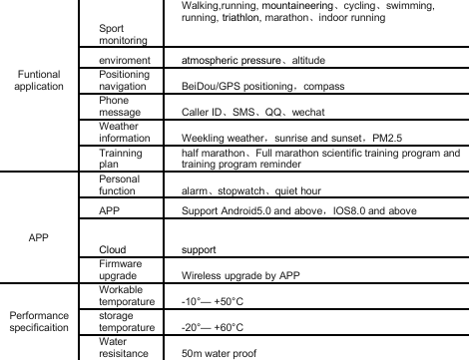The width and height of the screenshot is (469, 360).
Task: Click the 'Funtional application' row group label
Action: pyautogui.click(x=39, y=81)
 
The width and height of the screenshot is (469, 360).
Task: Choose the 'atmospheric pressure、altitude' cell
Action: pyautogui.click(x=239, y=61)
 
